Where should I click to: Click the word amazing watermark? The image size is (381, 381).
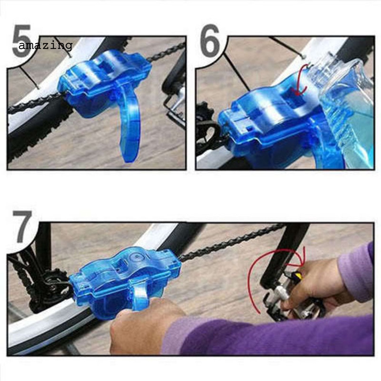tap(45, 46)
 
